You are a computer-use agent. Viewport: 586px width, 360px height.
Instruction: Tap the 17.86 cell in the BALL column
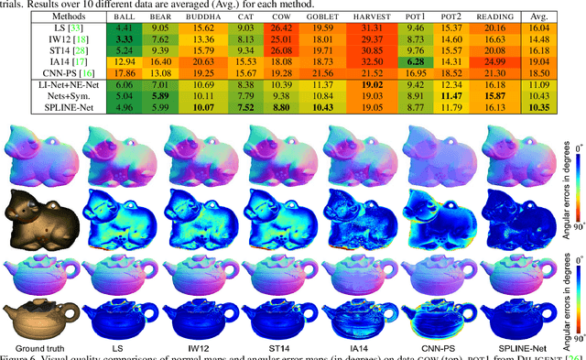point(125,70)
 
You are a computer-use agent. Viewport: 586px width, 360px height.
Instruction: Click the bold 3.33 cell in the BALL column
point(125,43)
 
